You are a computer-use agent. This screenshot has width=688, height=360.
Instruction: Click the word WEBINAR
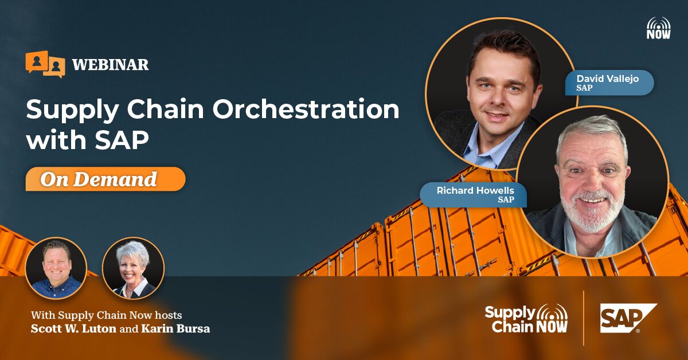(111, 65)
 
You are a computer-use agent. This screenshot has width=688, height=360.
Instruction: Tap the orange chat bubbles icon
(45, 64)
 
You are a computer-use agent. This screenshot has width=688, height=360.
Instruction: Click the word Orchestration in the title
(306, 109)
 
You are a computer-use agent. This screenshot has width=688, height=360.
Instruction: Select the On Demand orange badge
(105, 179)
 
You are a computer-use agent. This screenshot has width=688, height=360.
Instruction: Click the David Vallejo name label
(609, 83)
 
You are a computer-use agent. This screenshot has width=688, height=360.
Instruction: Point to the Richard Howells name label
(474, 195)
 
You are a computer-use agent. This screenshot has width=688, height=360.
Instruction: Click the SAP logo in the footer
(628, 318)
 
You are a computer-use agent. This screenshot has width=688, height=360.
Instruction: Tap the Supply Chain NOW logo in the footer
(526, 319)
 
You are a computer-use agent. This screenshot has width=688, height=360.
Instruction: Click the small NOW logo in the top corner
(659, 28)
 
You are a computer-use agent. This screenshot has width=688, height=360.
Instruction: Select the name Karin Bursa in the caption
(175, 328)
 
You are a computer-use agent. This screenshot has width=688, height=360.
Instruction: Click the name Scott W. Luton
(73, 328)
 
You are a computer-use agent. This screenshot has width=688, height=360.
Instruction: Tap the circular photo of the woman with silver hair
(133, 268)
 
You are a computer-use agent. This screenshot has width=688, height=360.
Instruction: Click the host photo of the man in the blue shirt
(56, 268)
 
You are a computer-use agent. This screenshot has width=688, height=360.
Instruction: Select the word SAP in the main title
(122, 140)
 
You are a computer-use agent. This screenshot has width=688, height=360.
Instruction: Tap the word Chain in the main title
(166, 109)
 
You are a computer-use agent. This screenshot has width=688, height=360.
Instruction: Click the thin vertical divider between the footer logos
(584, 318)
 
